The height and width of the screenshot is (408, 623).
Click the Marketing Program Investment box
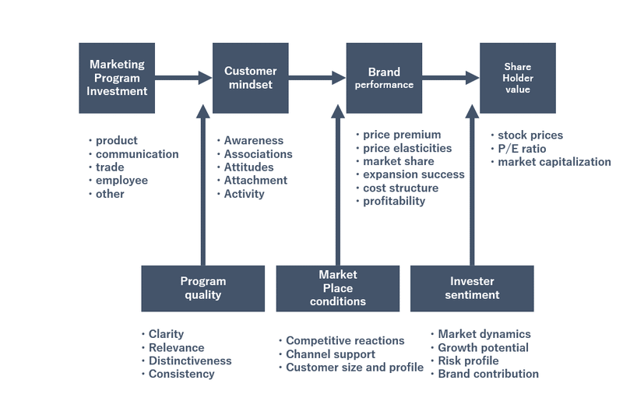(x=117, y=78)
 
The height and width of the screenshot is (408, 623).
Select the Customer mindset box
(x=250, y=78)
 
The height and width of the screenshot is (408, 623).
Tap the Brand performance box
(x=384, y=78)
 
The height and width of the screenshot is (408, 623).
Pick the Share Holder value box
(x=518, y=78)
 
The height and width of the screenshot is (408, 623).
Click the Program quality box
(x=203, y=288)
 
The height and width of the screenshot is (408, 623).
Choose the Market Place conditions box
(x=338, y=288)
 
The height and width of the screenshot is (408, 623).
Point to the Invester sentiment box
(x=472, y=288)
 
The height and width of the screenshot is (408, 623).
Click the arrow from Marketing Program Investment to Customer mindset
(x=184, y=78)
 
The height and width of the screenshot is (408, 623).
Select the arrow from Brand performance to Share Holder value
(x=451, y=78)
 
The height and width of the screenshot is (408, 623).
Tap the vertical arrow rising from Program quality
(x=203, y=185)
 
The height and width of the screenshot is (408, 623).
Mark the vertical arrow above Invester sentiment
(x=472, y=185)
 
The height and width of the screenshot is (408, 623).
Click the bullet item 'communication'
(x=137, y=154)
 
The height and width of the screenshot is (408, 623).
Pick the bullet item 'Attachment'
(x=255, y=181)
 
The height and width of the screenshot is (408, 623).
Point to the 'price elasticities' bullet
(x=407, y=148)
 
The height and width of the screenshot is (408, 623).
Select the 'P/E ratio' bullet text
(x=522, y=149)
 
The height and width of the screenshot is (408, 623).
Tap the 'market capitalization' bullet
(x=554, y=162)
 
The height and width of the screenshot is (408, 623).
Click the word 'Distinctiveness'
(x=190, y=361)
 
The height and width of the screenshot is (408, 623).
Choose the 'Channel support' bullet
(x=330, y=354)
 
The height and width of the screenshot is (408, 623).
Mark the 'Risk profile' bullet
(x=468, y=361)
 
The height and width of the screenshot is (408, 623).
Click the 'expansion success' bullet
(x=414, y=174)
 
